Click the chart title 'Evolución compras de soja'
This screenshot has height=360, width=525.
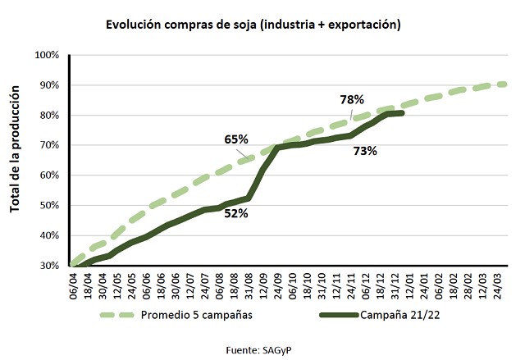[x=253, y=25]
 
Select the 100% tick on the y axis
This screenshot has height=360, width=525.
[x=47, y=55]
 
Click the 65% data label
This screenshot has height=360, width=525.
[x=236, y=139]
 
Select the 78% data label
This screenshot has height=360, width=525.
[x=352, y=99]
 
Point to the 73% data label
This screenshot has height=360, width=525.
[x=365, y=151]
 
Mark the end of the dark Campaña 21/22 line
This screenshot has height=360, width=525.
[x=402, y=113]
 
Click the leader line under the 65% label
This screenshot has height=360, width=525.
[x=244, y=153]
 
